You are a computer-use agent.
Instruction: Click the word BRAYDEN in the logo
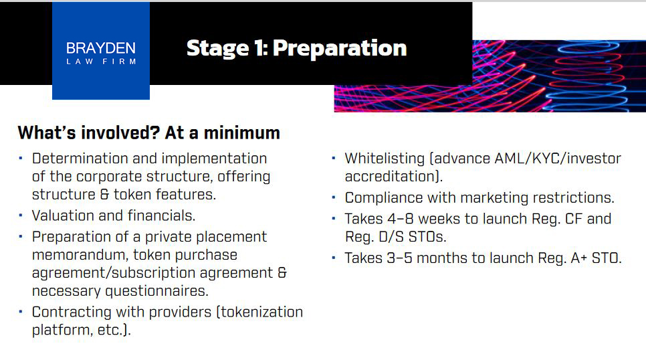(101, 48)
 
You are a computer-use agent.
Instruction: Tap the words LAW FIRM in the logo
(101, 62)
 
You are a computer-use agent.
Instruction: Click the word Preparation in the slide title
(340, 49)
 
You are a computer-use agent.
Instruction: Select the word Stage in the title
(217, 49)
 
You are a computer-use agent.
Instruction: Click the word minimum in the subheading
(242, 132)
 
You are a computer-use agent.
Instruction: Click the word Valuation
(63, 215)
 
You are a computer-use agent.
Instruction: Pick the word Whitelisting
(385, 159)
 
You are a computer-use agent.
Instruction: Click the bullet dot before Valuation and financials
(21, 215)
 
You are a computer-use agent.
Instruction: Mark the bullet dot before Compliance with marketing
(334, 197)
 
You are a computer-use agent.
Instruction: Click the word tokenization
(261, 312)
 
